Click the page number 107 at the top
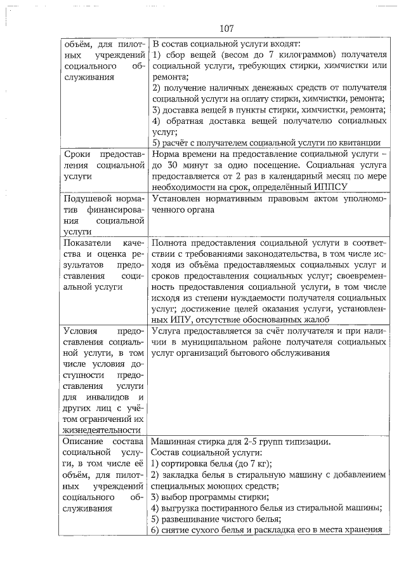(227, 29)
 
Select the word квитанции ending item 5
(358, 142)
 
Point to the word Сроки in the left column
(78, 154)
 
